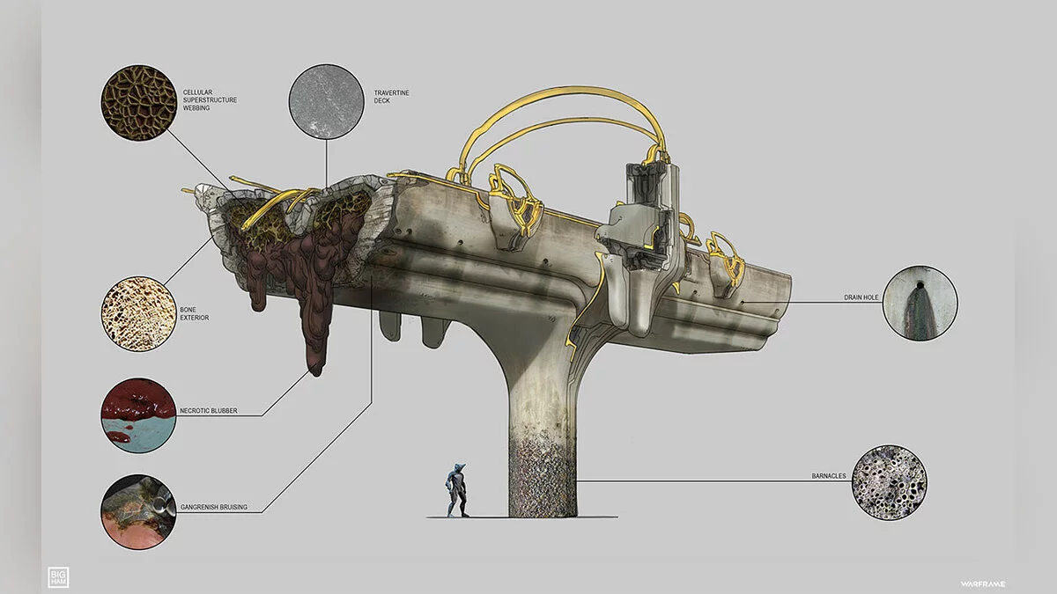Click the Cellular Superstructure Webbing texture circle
pyautogui.click(x=138, y=102)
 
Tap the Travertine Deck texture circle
pyautogui.click(x=326, y=101)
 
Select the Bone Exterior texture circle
pyautogui.click(x=138, y=314)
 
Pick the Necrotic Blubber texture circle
pyautogui.click(x=138, y=415)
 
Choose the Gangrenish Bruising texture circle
pyautogui.click(x=138, y=512)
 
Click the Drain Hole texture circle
pyautogui.click(x=920, y=303)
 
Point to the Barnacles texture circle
pyautogui.click(x=889, y=483)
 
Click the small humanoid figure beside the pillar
pyautogui.click(x=456, y=490)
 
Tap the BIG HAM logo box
pyautogui.click(x=58, y=577)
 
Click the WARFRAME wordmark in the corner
pyautogui.click(x=982, y=584)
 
